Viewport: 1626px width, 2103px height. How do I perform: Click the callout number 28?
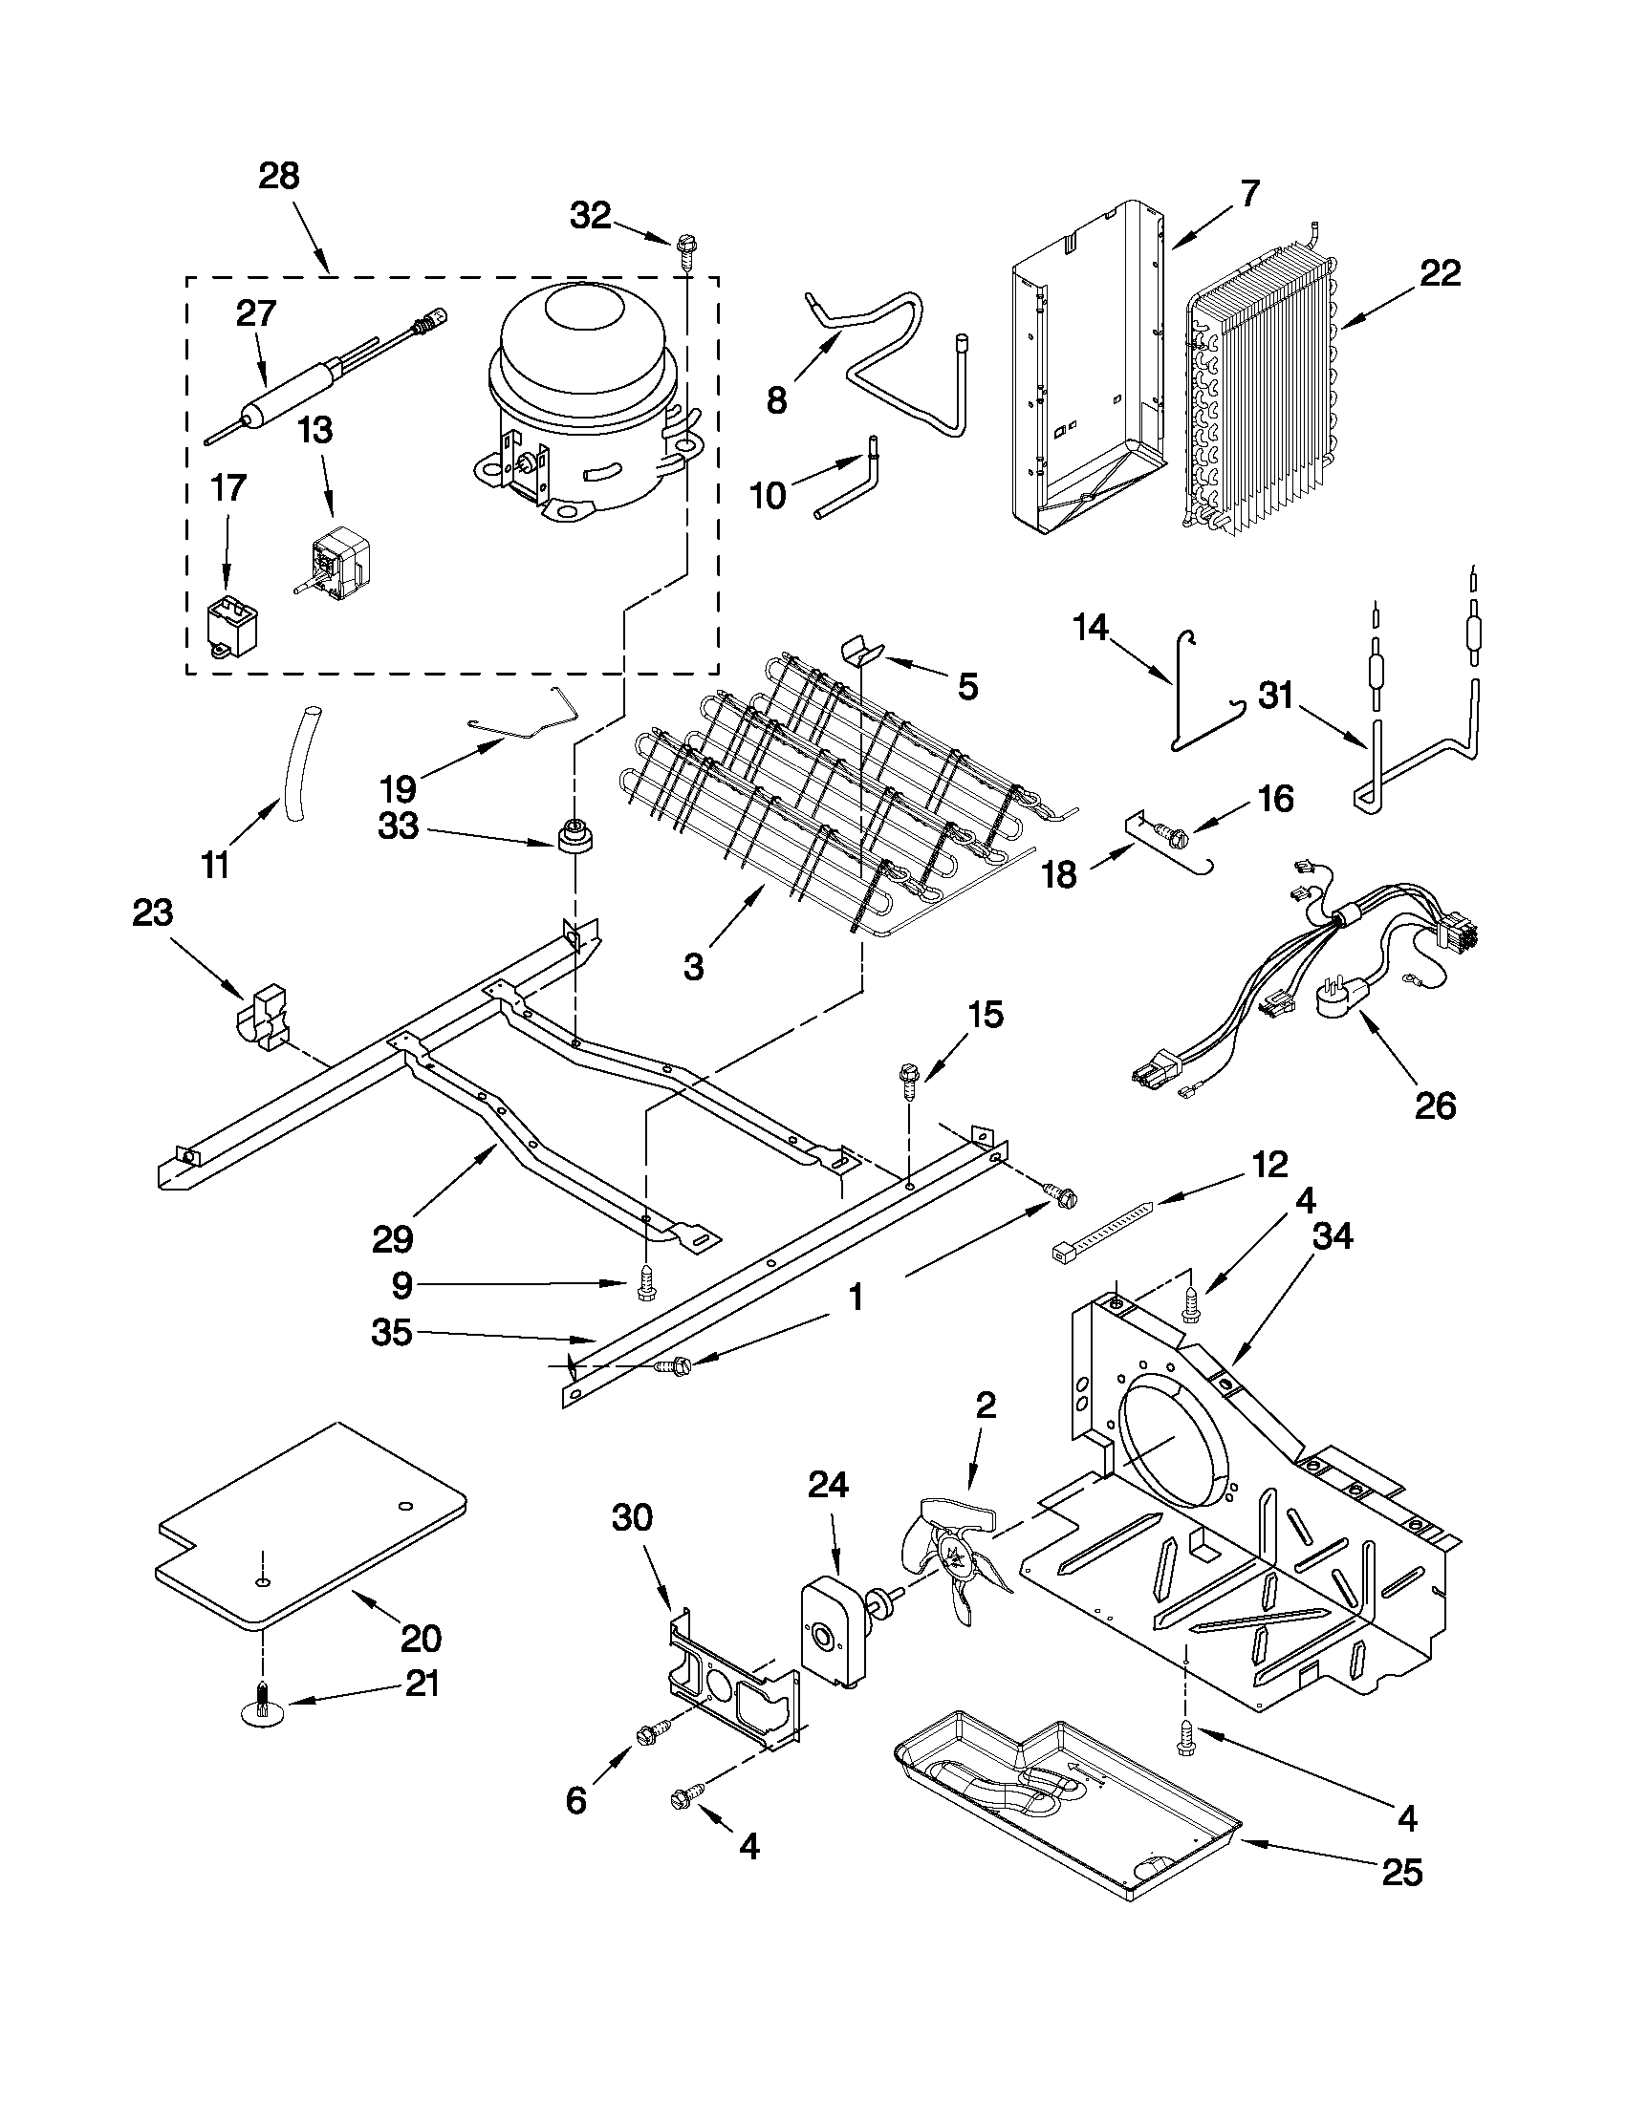click(x=279, y=176)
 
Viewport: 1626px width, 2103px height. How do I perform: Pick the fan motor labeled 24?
click(x=833, y=1628)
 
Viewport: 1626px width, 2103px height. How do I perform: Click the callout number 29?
click(x=392, y=1238)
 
